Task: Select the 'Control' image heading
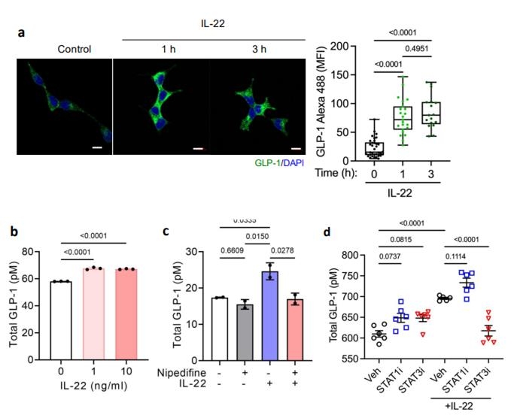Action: (x=74, y=50)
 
